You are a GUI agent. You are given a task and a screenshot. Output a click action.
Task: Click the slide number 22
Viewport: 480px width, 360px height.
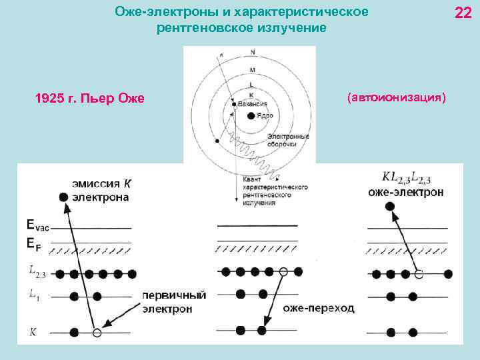[x=462, y=13]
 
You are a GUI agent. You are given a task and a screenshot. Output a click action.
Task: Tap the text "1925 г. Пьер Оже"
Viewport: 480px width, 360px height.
[x=89, y=99]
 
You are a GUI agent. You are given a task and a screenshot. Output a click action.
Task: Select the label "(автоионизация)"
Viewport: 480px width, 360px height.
[x=396, y=97]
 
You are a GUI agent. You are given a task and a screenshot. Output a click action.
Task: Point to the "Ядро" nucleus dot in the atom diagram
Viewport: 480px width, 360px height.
[x=250, y=115]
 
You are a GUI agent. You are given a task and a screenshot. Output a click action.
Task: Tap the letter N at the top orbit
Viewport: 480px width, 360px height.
[x=252, y=52]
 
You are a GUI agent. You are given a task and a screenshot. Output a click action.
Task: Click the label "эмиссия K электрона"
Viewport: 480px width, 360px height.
[x=101, y=190]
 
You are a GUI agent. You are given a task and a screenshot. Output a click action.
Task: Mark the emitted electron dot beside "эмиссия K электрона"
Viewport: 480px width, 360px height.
[x=63, y=197]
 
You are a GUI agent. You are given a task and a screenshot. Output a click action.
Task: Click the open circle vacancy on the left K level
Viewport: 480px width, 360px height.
[x=97, y=332]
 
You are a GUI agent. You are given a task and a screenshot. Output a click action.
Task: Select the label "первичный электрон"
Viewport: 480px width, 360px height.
[x=174, y=302]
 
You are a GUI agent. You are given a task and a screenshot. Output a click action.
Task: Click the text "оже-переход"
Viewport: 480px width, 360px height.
[x=319, y=309]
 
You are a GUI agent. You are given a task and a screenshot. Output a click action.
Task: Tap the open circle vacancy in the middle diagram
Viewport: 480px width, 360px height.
[x=283, y=272]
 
